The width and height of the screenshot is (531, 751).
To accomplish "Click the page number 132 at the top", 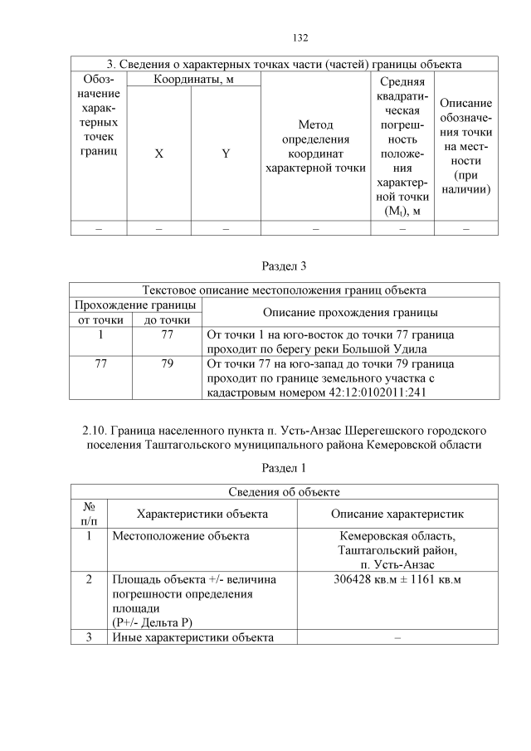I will tap(300, 37).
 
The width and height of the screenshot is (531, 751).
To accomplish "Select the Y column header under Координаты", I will tap(226, 154).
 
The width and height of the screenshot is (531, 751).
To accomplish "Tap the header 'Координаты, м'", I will tap(192, 79).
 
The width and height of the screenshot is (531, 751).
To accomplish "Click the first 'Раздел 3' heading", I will tap(285, 265).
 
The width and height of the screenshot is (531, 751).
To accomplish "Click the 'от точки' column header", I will tap(100, 319).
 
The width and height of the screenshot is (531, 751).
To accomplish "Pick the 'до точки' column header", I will tap(168, 319).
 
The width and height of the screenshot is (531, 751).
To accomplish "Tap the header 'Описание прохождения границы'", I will tap(350, 312).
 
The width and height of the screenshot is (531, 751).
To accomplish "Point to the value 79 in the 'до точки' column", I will tap(168, 363).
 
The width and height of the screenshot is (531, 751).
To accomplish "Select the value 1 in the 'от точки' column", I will tap(100, 334).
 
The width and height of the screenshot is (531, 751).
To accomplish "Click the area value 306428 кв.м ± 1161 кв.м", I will tap(397, 578).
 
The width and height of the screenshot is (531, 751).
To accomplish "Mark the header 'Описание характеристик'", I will tap(397, 514).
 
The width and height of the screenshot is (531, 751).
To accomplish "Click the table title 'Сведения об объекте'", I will tap(285, 492).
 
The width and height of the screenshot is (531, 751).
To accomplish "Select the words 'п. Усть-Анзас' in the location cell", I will tap(397, 564).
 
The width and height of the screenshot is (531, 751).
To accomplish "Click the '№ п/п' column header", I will tap(90, 514).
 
